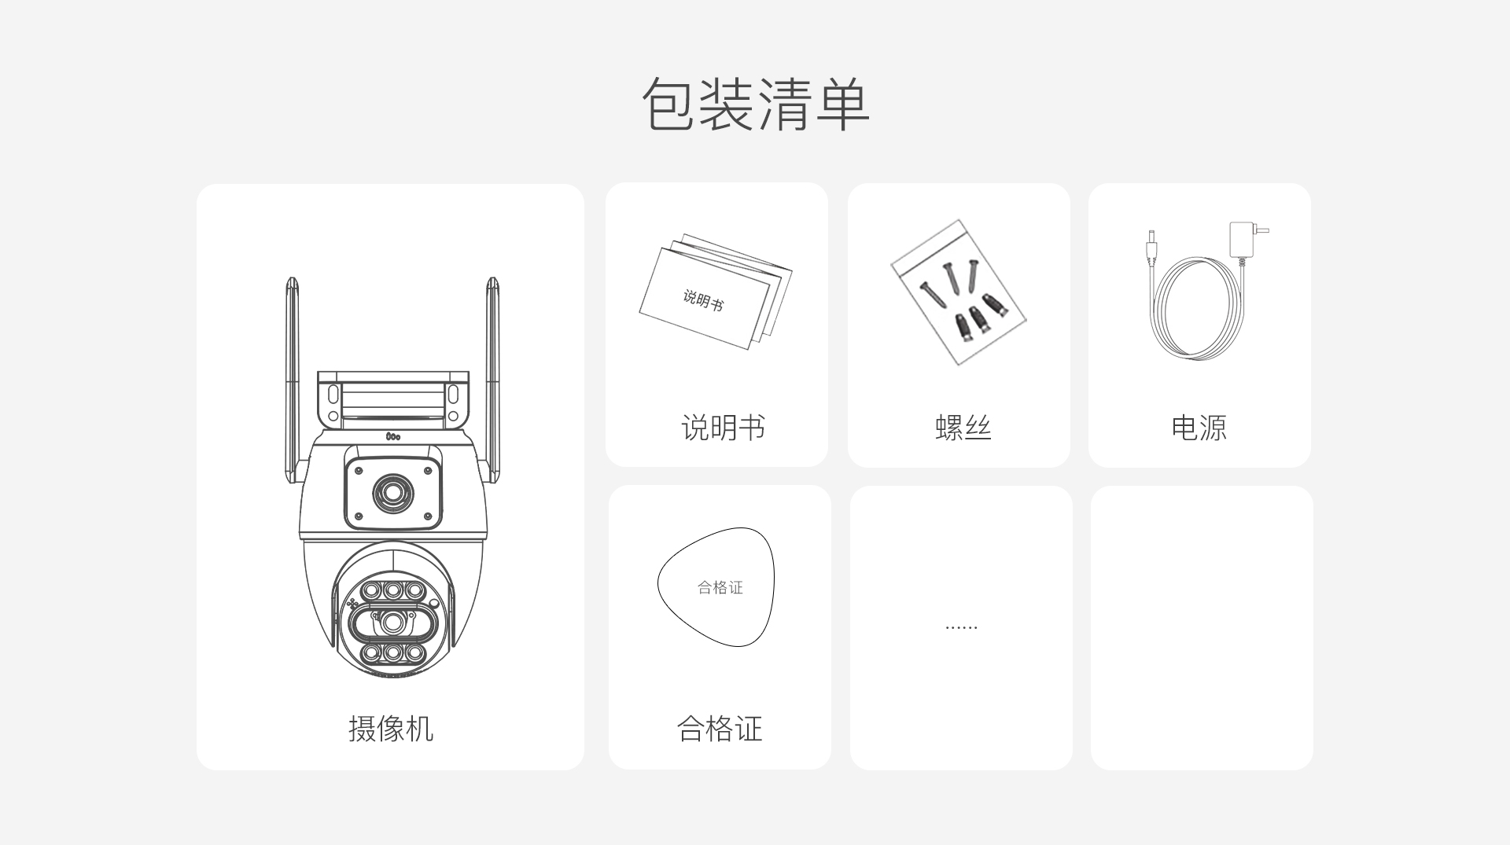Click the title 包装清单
pos(755,104)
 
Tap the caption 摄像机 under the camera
pos(390,729)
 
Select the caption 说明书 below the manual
pos(723,428)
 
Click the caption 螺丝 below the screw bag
pos(963,428)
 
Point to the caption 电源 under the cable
pos(1199,428)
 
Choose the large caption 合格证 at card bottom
pos(720,729)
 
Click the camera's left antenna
pos(293,377)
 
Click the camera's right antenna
pos(492,377)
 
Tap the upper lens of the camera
pos(392,493)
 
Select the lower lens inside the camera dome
pos(392,623)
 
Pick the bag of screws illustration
pos(958,292)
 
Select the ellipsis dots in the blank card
pos(961,628)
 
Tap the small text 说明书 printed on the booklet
pos(702,299)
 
